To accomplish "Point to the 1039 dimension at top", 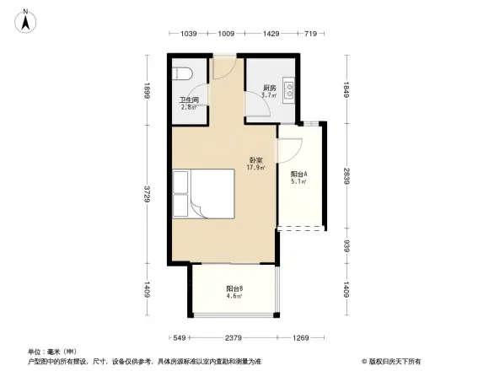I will tap(188, 34).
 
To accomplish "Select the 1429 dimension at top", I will tap(270, 34).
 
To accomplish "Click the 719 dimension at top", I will tap(309, 34).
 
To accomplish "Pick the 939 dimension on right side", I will tap(346, 246).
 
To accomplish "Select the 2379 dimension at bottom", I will tap(234, 338).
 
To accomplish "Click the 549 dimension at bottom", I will tap(180, 338).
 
